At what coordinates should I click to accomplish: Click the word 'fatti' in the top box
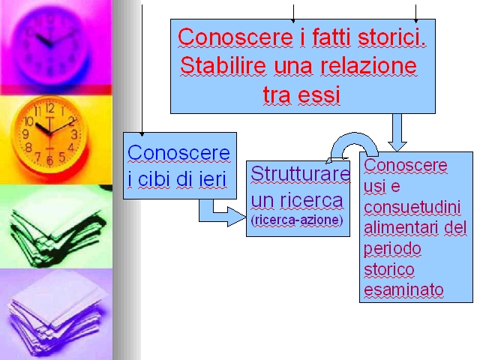[x=331, y=37]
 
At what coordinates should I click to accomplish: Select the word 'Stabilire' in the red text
[x=223, y=65]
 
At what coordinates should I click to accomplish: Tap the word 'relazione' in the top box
[x=368, y=65]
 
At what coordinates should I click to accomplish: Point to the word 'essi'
[x=319, y=94]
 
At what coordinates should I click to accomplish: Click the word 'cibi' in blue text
[x=154, y=178]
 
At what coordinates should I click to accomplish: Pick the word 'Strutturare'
[x=300, y=173]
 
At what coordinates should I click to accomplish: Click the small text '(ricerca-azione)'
[x=297, y=220]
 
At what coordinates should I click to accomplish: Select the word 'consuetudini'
[x=412, y=207]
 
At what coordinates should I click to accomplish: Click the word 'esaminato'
[x=403, y=290]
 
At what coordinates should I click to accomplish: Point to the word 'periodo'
[x=392, y=249]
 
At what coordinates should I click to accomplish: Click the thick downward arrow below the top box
[x=397, y=133]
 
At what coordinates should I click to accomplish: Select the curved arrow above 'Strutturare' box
[x=353, y=142]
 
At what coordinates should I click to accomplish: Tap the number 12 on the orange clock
[x=50, y=108]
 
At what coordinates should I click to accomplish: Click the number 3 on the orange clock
[x=74, y=134]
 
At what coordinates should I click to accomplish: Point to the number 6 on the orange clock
[x=49, y=160]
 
